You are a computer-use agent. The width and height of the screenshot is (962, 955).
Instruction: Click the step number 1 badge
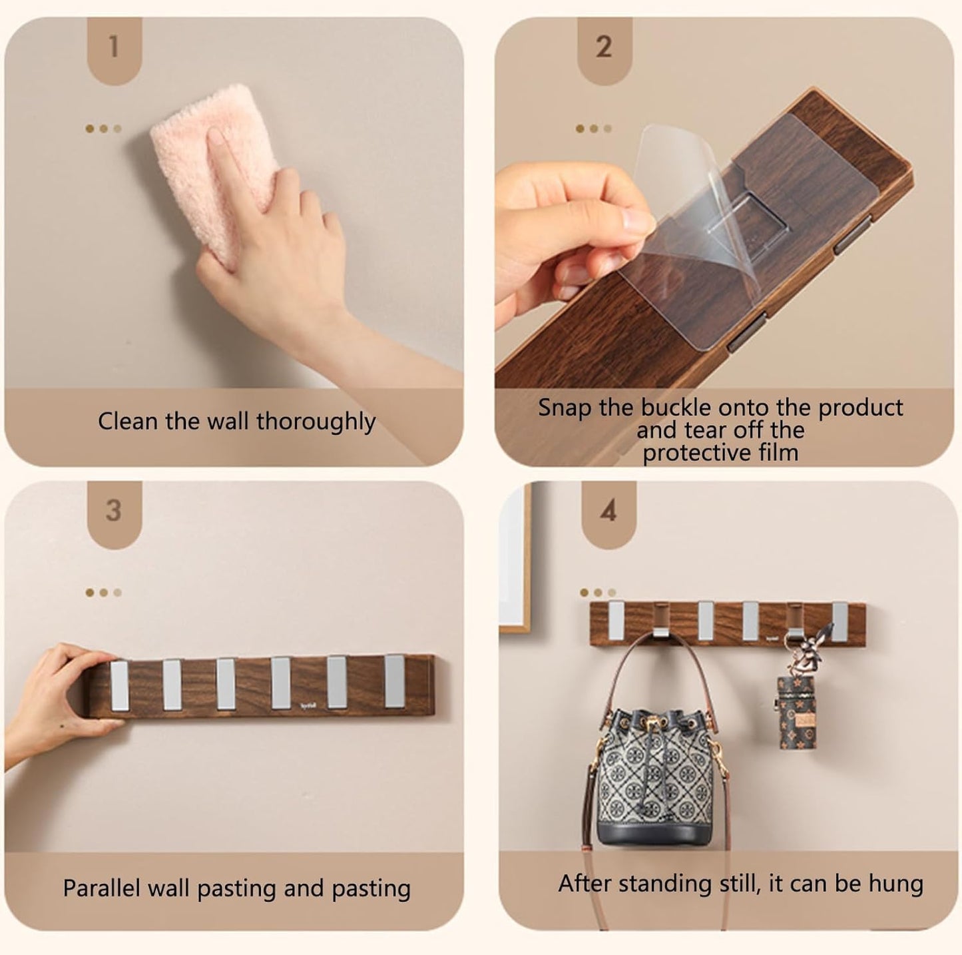tap(114, 47)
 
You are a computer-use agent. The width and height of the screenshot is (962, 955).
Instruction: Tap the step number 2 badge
tap(604, 47)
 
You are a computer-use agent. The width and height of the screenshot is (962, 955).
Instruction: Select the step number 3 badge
tap(114, 511)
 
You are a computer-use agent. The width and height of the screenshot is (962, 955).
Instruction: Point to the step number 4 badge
tap(608, 511)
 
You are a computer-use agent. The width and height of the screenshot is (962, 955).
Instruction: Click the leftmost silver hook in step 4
tap(616, 618)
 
